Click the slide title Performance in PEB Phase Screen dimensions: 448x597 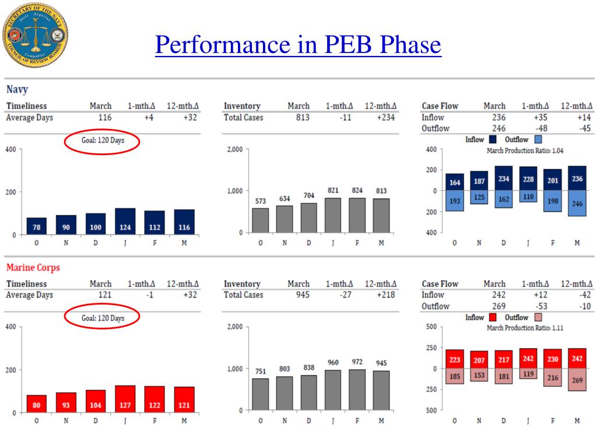[x=298, y=44]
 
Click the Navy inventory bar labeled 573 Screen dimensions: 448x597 [x=260, y=220]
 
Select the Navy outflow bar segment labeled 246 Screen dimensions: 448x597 [x=577, y=203]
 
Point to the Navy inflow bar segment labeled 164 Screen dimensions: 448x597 [x=455, y=182]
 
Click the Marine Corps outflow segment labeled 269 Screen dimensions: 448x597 [x=577, y=380]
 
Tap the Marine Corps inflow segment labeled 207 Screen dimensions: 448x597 [x=479, y=360]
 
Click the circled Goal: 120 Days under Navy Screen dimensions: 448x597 [x=102, y=141]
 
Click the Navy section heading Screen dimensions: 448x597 [x=17, y=90]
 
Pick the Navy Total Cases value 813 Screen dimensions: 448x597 [x=298, y=117]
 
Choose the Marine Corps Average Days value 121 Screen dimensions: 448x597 [x=104, y=295]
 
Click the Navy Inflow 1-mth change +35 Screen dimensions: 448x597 [x=537, y=117]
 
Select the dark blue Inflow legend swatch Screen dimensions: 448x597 [x=492, y=140]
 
